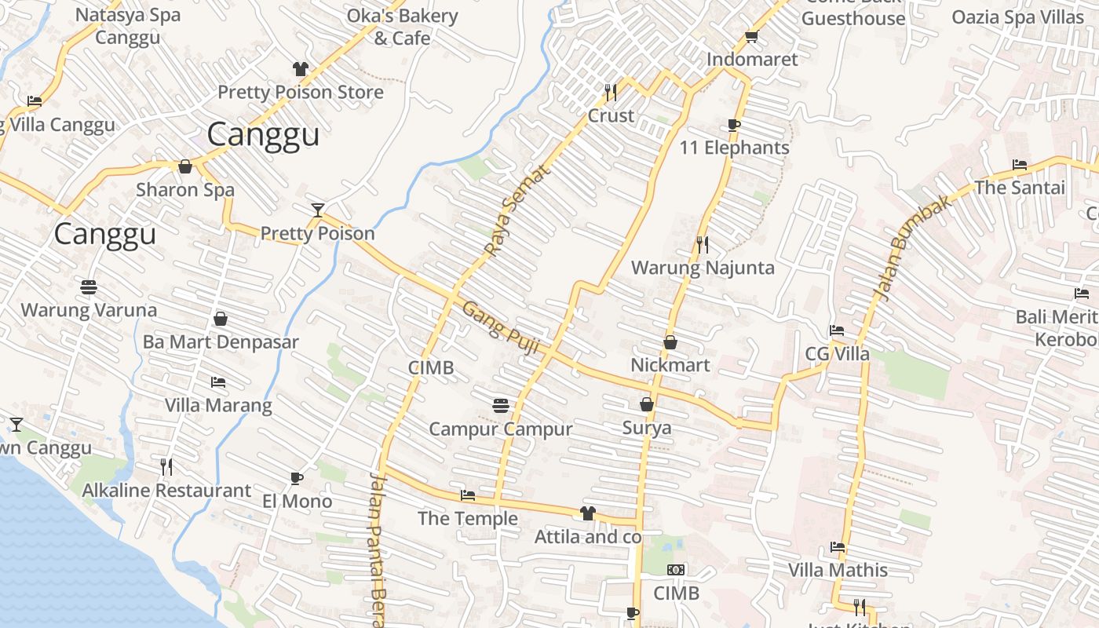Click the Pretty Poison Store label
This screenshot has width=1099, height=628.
click(x=301, y=93)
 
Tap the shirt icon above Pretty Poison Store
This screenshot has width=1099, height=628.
click(x=300, y=69)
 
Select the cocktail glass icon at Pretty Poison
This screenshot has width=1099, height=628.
click(x=317, y=210)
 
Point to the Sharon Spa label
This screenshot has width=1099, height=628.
click(x=185, y=190)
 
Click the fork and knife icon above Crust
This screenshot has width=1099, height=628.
click(x=611, y=93)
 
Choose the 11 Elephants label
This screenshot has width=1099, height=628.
click(x=734, y=148)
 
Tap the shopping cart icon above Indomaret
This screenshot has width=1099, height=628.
click(x=751, y=37)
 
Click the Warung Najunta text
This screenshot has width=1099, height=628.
click(x=703, y=268)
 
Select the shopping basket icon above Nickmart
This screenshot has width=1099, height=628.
click(x=670, y=342)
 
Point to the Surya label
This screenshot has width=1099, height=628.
click(x=647, y=428)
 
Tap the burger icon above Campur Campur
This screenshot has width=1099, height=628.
click(x=501, y=406)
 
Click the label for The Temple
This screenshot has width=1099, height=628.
click(x=468, y=519)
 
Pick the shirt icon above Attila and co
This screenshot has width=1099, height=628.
click(x=587, y=513)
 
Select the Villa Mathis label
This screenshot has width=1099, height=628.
click(x=838, y=570)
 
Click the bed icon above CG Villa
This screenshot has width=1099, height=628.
click(x=837, y=330)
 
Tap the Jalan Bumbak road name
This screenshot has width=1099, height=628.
click(x=913, y=246)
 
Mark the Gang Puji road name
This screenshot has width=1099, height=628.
click(x=500, y=327)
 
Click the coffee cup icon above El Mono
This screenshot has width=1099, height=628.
click(x=297, y=478)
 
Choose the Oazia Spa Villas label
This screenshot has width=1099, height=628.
click(x=1017, y=17)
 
